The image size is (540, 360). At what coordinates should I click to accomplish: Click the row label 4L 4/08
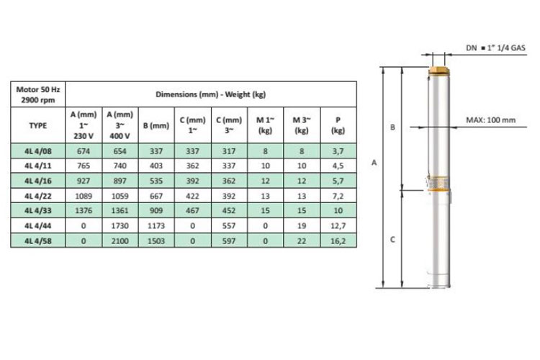38,151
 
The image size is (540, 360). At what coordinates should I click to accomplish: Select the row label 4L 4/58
38,240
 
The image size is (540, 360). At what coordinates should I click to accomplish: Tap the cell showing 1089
84,196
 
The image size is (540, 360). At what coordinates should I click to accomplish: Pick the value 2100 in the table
120,240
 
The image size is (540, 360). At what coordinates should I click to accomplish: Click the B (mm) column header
156,125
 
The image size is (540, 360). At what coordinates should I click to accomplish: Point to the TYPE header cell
38,125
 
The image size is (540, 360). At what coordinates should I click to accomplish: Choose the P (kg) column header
338,125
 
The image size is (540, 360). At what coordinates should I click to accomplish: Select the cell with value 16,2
338,240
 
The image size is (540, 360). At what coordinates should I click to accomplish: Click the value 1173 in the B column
156,225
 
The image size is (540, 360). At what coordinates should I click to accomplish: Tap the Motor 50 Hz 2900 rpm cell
38,95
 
